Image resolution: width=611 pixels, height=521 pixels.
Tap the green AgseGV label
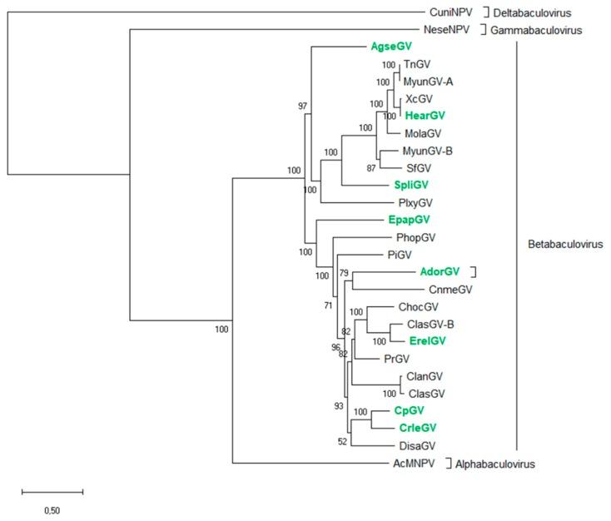(391, 47)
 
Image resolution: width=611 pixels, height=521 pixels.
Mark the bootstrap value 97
(302, 107)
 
